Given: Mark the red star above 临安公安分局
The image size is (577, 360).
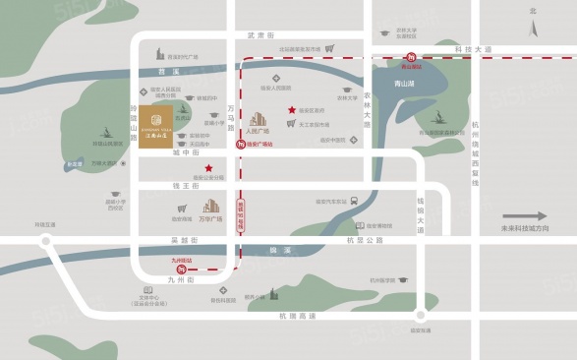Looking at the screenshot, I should tap(208, 169).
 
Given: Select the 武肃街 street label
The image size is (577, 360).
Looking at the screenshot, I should tap(257, 35).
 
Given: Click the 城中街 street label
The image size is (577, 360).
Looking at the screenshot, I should tap(185, 153).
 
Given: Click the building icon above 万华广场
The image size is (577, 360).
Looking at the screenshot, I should tap(211, 207).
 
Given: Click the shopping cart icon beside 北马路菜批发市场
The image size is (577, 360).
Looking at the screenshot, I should tap(331, 48).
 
